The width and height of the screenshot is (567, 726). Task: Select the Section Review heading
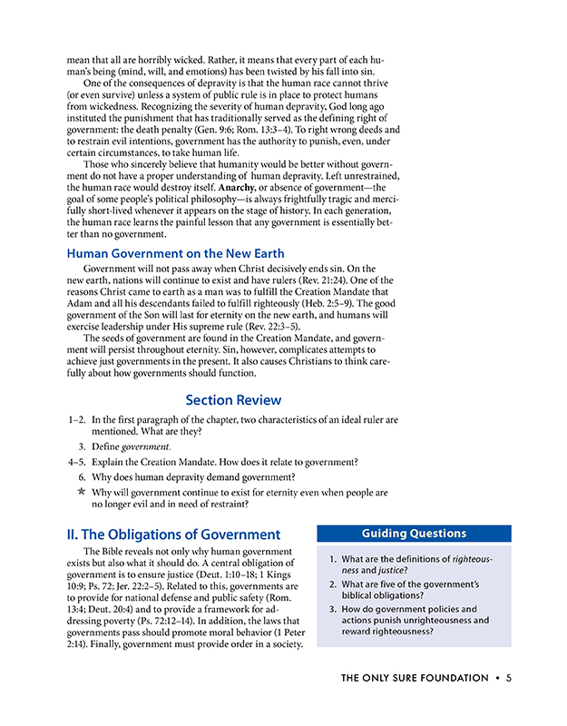click(233, 400)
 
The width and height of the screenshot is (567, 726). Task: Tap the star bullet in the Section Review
click(82, 492)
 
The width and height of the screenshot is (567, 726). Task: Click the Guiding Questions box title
click(414, 534)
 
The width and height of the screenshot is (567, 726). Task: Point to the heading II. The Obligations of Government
click(173, 535)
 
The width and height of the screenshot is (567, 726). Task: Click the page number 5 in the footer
click(510, 678)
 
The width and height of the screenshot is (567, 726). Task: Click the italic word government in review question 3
click(146, 447)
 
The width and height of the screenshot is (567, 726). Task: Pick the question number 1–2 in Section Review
click(78, 420)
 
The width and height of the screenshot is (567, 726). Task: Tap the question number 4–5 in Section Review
click(78, 462)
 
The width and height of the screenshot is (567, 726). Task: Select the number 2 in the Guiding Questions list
click(332, 585)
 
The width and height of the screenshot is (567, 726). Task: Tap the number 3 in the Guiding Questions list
click(332, 609)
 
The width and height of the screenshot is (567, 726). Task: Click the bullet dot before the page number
click(498, 678)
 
